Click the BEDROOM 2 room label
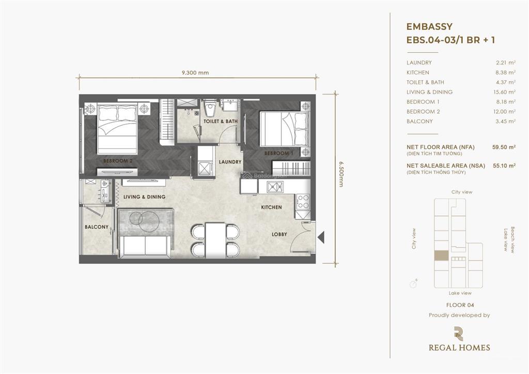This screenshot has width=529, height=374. (x=118, y=161)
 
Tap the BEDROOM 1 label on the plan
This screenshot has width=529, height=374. (x=279, y=153)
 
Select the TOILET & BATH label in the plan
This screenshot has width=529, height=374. (x=221, y=122)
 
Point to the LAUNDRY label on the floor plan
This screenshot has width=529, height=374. (x=230, y=162)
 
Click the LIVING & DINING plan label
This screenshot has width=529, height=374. (x=144, y=197)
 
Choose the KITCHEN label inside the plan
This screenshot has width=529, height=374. (x=271, y=207)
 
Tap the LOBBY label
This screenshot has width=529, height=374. (x=279, y=234)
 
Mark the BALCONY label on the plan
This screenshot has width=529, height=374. (x=97, y=227)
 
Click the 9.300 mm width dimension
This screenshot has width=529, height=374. (x=195, y=73)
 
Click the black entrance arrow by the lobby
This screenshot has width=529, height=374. (x=320, y=237)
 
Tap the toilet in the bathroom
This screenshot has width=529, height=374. (x=210, y=110)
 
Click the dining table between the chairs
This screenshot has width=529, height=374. (x=215, y=239)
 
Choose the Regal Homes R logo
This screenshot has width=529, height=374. (x=459, y=334)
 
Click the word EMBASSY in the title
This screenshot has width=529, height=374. (x=430, y=26)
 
